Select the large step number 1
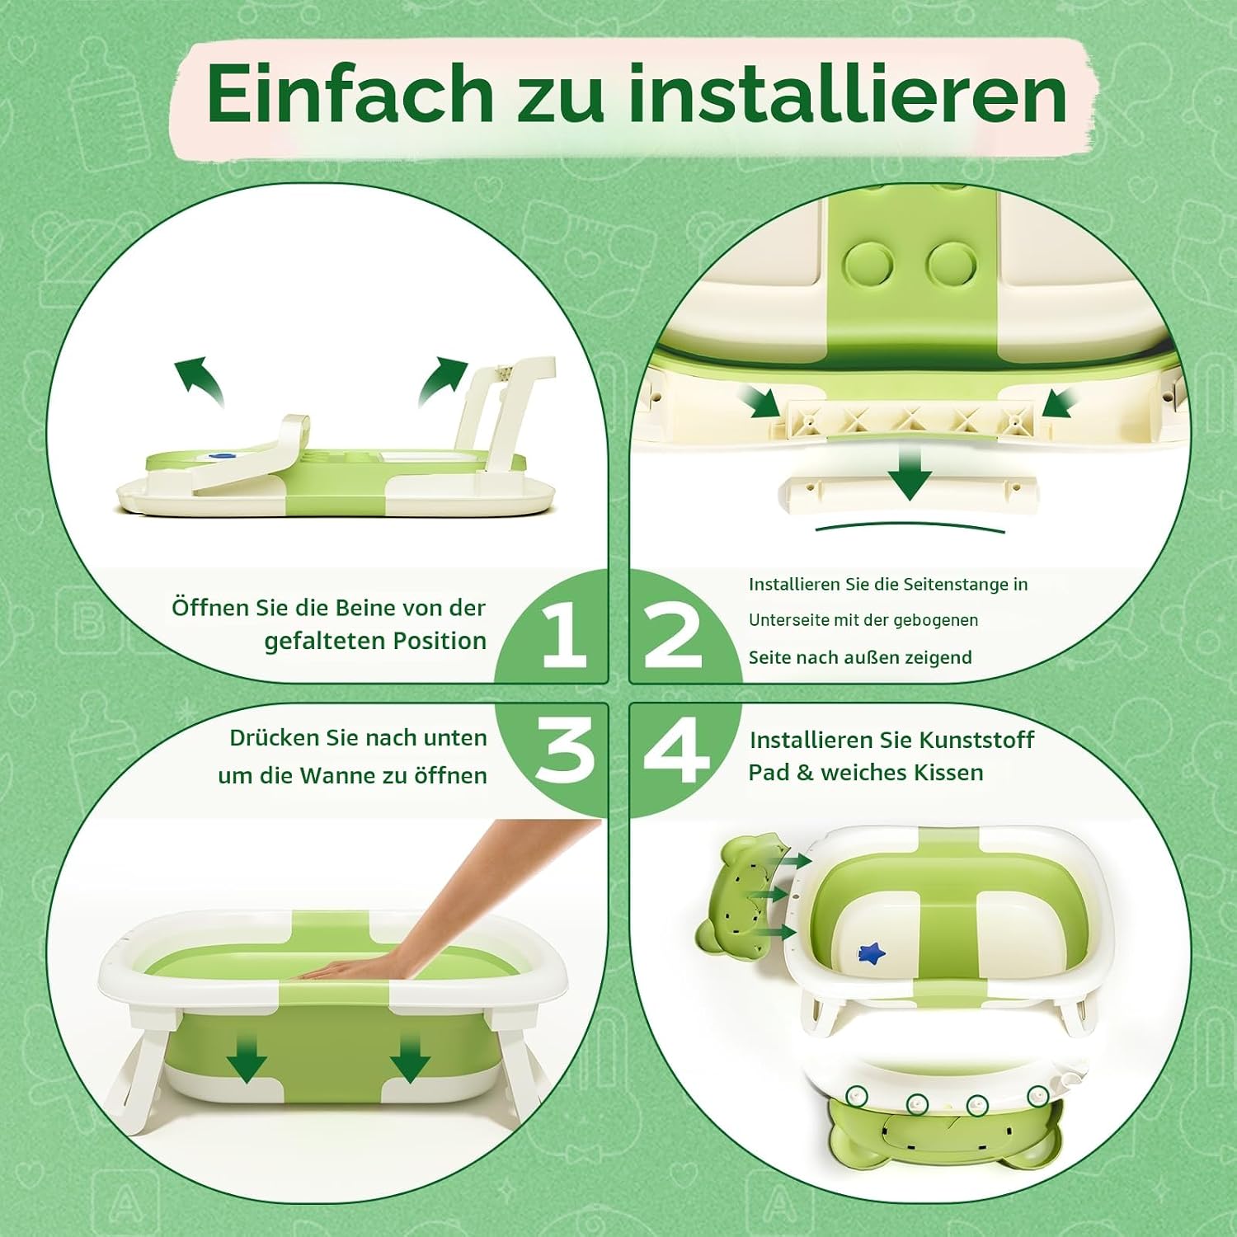(564, 633)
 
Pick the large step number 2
(674, 636)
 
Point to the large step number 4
(677, 749)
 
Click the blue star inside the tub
(871, 954)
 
